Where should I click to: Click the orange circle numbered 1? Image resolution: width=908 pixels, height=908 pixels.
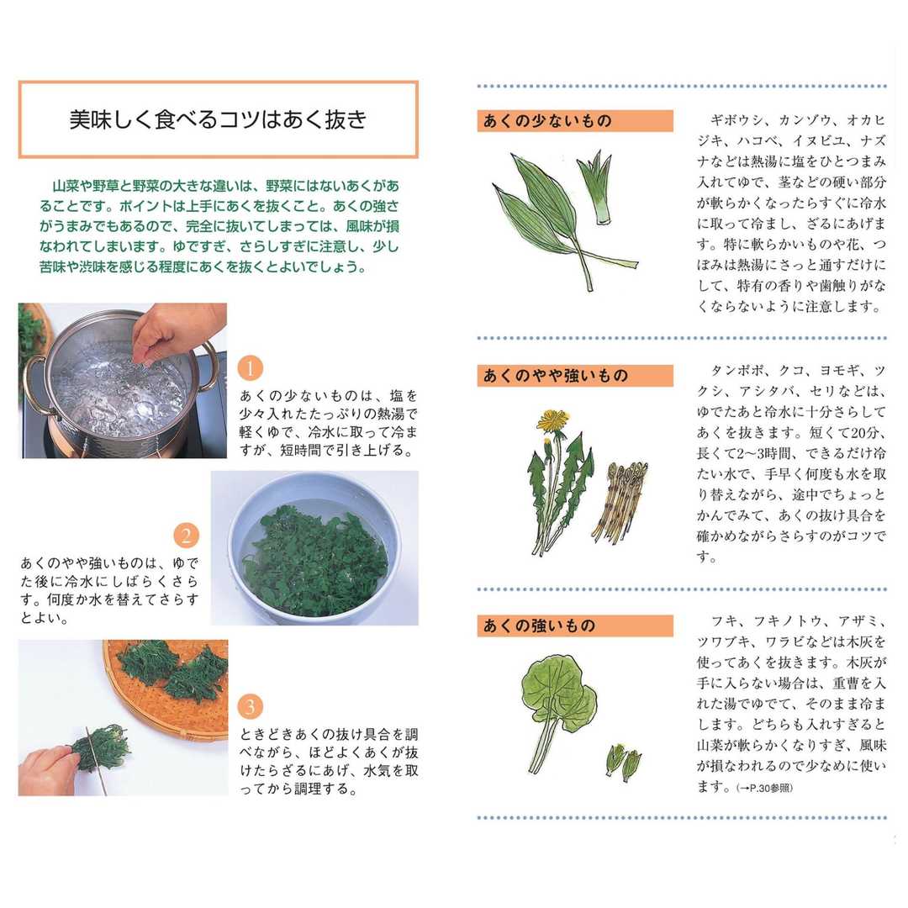(251, 368)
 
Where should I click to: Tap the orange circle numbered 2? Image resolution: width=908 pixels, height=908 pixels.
(186, 535)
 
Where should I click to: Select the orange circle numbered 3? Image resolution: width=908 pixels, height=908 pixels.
(251, 706)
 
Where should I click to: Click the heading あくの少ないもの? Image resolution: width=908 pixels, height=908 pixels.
(547, 121)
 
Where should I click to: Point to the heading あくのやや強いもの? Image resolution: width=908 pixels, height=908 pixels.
(556, 376)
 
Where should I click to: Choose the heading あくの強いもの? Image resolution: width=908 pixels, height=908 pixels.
(539, 626)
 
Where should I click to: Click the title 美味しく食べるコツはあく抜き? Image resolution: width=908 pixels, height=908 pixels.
(219, 119)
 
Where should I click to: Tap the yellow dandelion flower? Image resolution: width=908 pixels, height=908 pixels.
(553, 420)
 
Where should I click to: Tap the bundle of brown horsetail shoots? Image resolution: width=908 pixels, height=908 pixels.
(619, 501)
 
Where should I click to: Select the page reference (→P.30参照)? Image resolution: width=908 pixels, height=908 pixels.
(764, 788)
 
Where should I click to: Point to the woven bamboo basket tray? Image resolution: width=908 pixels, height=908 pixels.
(174, 686)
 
